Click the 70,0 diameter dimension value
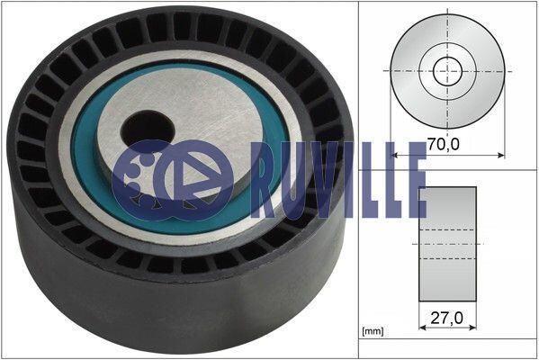coord(444,144)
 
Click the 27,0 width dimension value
coord(447,318)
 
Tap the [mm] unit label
coord(373,331)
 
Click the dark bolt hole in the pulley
coord(148,130)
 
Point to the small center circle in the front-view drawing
coord(447,71)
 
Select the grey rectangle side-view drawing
coord(447,244)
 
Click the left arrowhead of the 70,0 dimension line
coord(394,156)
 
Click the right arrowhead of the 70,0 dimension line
coord(501,156)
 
